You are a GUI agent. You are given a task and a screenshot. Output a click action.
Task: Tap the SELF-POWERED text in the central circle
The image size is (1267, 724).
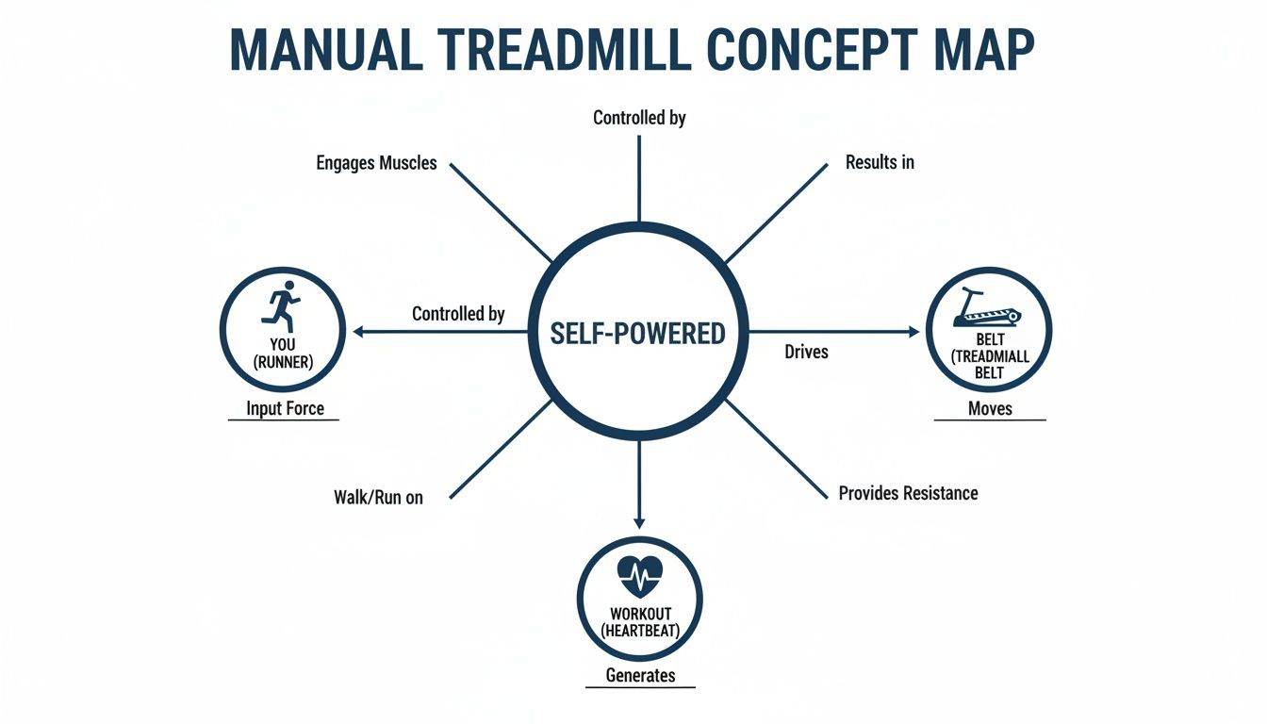[638, 333]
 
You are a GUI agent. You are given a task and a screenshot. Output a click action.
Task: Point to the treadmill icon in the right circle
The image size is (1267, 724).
[988, 308]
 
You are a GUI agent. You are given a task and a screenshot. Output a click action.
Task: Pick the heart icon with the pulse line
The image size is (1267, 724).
[639, 573]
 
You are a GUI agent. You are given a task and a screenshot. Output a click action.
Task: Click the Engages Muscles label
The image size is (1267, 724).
[376, 163]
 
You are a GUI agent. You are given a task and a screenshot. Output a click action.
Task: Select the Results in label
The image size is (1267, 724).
[880, 162]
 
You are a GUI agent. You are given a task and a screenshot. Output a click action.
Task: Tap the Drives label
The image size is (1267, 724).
[806, 352]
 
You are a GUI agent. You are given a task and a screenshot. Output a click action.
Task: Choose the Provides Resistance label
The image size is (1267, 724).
[908, 493]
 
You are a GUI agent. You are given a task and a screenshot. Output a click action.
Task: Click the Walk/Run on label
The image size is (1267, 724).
[378, 497]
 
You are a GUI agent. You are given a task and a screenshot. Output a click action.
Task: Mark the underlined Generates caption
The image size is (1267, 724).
[640, 675]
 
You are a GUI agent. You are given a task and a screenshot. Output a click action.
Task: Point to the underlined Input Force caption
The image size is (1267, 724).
[285, 408]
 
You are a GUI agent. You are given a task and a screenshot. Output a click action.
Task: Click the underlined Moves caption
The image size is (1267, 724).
[990, 408]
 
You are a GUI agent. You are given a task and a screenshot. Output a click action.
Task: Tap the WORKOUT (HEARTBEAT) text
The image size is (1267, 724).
[639, 622]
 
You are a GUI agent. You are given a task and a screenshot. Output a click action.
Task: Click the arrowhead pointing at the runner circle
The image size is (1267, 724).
[358, 331]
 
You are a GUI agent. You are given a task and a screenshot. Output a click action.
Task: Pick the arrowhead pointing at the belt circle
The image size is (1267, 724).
[913, 331]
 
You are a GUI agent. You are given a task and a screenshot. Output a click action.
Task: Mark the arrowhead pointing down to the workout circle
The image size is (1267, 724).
[639, 522]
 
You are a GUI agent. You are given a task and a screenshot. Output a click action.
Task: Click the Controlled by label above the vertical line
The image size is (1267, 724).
[639, 118]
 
